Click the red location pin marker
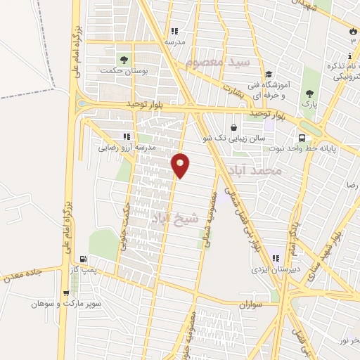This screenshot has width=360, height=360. click(181, 165)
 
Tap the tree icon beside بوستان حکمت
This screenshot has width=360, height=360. click(124, 59)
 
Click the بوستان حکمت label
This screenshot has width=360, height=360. click(116, 70)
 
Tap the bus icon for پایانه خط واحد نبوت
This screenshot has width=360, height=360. click(302, 138)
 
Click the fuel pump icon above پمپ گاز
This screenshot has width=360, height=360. click(84, 259)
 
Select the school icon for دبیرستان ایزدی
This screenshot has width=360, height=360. click(276, 257)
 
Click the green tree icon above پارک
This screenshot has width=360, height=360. click(309, 93)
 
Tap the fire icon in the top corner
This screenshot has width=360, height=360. click(352, 32)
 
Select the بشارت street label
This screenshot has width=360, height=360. click(231, 88)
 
